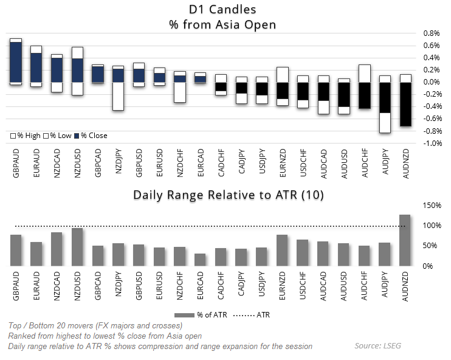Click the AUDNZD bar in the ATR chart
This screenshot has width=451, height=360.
(x=405, y=240)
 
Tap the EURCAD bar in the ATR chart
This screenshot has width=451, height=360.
(x=200, y=260)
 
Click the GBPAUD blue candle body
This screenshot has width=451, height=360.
(x=16, y=62)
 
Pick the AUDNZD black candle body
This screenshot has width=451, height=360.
(x=405, y=104)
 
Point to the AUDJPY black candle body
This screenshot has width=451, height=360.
(x=384, y=97)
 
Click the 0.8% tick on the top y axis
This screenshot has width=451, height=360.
(x=430, y=33)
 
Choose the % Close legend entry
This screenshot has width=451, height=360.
(x=91, y=136)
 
